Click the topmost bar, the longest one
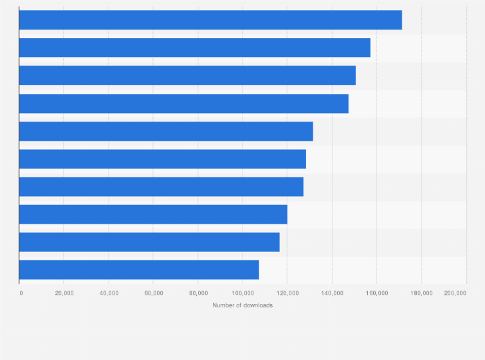[x=210, y=20]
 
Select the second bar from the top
[x=194, y=48]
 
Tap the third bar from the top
[x=187, y=75]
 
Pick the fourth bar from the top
[x=183, y=104]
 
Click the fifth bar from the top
[x=166, y=131]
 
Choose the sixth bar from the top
[x=162, y=159]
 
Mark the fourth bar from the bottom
[x=161, y=186]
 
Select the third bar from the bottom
[x=153, y=214]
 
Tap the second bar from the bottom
[x=149, y=242]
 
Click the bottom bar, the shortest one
[x=139, y=269]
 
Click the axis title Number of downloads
[x=243, y=305]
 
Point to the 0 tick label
[x=21, y=293]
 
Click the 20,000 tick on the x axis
[x=64, y=293]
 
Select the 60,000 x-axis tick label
[x=153, y=293]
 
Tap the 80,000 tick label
[x=198, y=293]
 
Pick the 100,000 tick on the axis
[x=243, y=293]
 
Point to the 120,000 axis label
[x=287, y=293]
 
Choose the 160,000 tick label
[x=376, y=293]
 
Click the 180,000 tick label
[x=421, y=293]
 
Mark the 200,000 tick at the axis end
[x=455, y=293]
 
